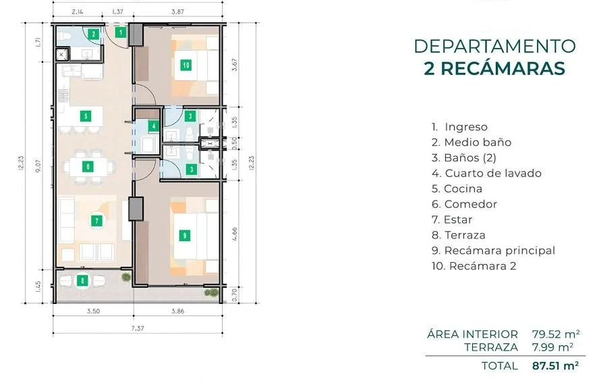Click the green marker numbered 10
click(x=186, y=65)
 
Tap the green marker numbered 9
click(x=185, y=236)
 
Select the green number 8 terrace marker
click(x=82, y=281)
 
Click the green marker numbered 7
click(x=96, y=221)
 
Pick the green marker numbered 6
click(x=88, y=166)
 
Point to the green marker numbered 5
click(x=86, y=116)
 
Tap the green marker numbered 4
click(x=153, y=126)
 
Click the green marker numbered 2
click(x=93, y=34)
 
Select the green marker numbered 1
click(x=121, y=32)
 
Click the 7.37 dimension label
click(x=138, y=328)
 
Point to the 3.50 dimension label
click(x=93, y=311)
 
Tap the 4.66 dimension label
click(x=235, y=234)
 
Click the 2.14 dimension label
click(x=78, y=11)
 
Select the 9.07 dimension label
click(x=38, y=166)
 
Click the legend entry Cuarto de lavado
click(x=486, y=174)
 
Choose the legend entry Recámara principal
click(x=493, y=251)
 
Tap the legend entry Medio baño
click(x=472, y=142)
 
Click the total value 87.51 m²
click(x=555, y=365)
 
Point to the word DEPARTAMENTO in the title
click(x=494, y=46)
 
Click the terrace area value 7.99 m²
click(x=552, y=347)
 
